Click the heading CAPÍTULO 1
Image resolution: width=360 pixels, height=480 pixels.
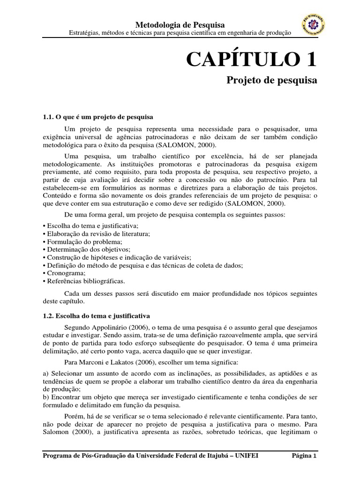[x=251, y=59]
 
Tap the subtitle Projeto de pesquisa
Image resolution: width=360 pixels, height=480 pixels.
[x=272, y=81]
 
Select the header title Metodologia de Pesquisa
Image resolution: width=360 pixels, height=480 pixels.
[x=180, y=24]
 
